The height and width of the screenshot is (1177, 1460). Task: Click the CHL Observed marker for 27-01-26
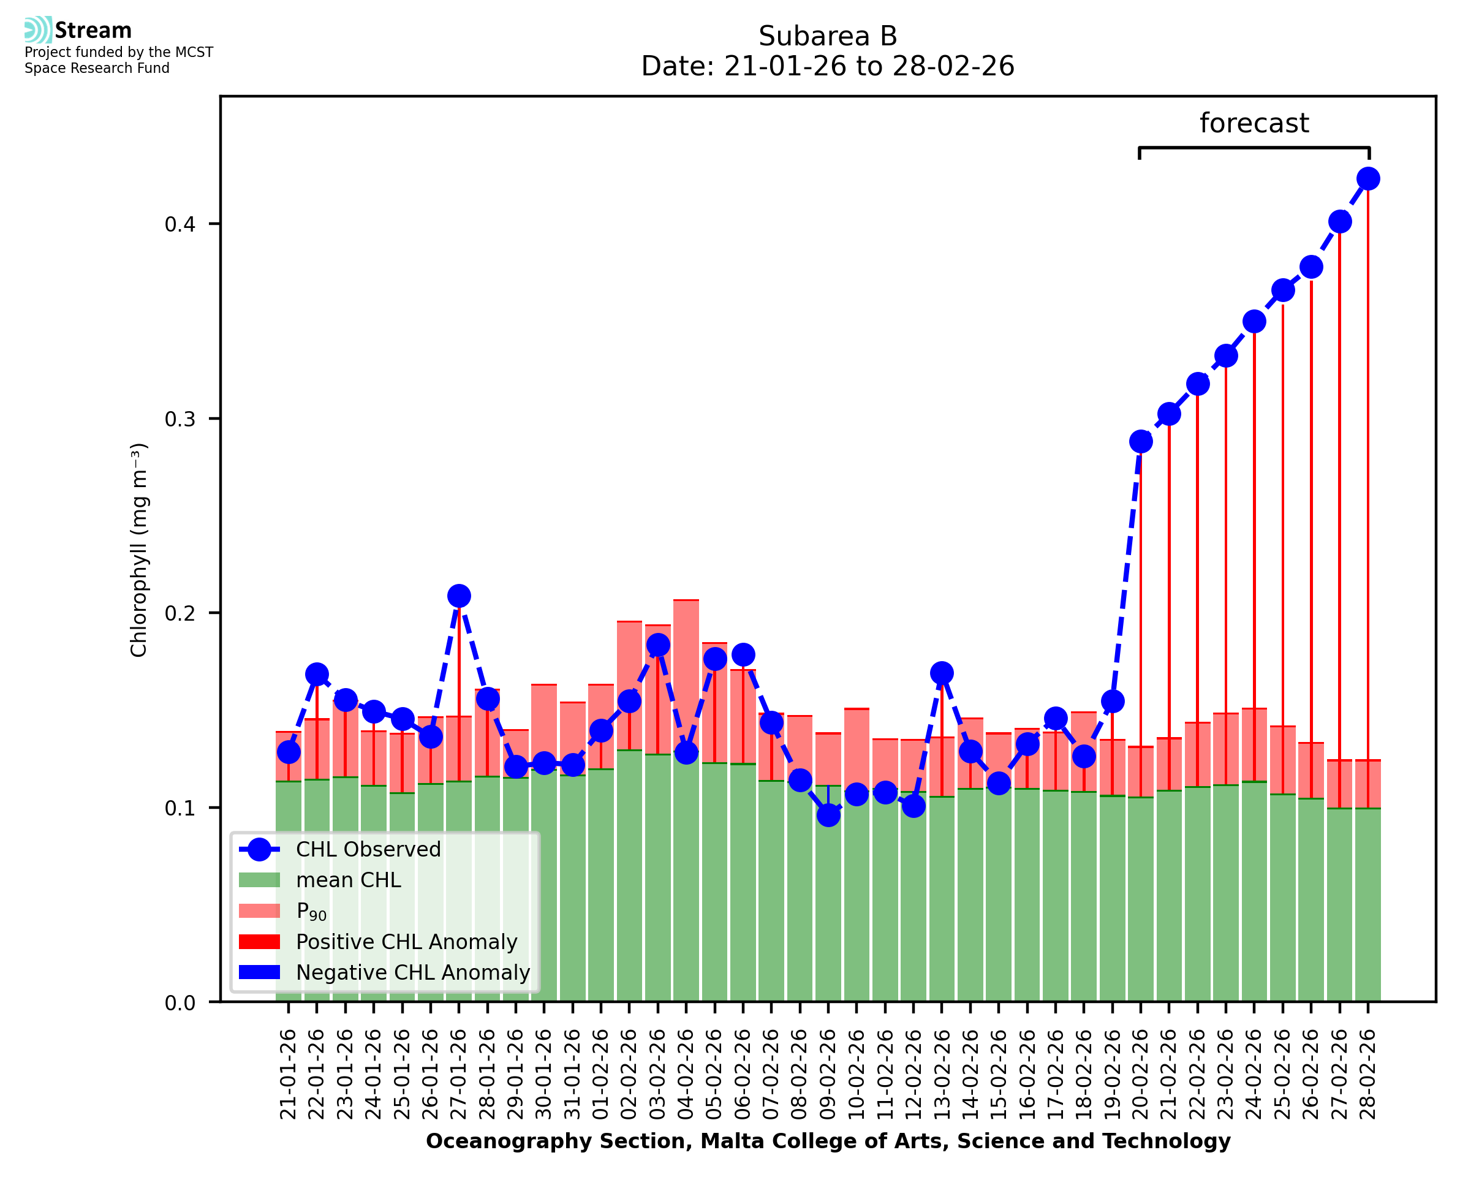[459, 596]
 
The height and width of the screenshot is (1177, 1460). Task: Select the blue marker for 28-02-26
[1368, 179]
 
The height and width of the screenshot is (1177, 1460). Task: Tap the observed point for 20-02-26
[1141, 442]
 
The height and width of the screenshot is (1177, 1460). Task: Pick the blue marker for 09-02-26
[828, 815]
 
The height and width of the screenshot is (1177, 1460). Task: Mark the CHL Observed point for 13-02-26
[942, 673]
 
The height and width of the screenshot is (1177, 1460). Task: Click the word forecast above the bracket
[1254, 123]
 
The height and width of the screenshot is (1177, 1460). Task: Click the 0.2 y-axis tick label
[180, 613]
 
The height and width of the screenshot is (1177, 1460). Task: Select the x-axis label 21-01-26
[289, 1075]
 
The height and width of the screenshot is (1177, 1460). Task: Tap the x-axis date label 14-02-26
[970, 1075]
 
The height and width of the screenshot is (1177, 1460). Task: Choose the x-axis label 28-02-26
[1368, 1075]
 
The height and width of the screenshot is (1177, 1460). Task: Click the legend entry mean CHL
[349, 880]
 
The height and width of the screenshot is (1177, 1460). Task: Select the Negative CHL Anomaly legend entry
[413, 972]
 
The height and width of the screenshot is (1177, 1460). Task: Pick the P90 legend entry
[311, 911]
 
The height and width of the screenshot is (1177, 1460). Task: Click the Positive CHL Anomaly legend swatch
[260, 942]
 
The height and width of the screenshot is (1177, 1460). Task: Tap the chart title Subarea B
[828, 37]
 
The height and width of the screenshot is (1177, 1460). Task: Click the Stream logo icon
[38, 30]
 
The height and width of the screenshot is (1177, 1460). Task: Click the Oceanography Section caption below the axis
[828, 1141]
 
